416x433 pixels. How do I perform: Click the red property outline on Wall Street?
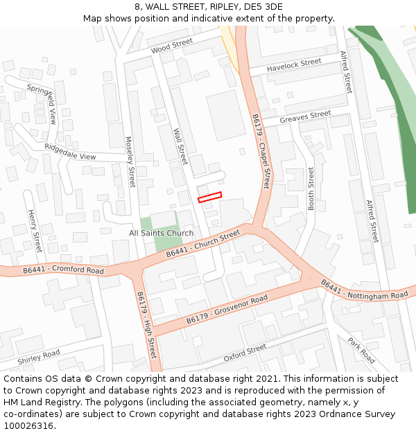pos(209,197)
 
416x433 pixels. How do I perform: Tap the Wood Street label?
pos(171,46)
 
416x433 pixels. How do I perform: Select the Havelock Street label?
pos(294,65)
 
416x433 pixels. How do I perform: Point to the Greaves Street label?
pos(306,118)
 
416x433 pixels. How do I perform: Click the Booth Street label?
pos(311,188)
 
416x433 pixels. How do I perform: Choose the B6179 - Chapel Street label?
pos(261,151)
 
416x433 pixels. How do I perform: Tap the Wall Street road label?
pos(180,145)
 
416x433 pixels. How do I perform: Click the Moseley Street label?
pos(130,161)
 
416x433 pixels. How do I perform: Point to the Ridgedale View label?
pos(70,152)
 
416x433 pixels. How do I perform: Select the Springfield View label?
pos(42,105)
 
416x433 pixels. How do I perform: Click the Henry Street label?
pos(35,231)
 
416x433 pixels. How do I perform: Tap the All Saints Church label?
pos(162,233)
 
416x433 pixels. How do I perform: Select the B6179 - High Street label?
pos(146,324)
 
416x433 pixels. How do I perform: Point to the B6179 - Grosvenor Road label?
pos(227,310)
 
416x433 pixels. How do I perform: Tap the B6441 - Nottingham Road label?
pos(364,290)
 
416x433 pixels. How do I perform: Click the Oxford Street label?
pos(245,353)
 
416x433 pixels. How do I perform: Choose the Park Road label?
pos(361,351)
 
